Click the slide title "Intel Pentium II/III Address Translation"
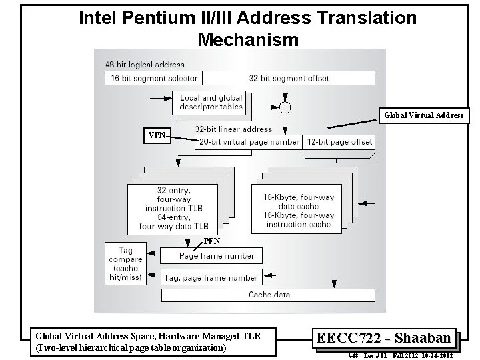pyautogui.click(x=247, y=18)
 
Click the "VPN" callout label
pyautogui.click(x=157, y=135)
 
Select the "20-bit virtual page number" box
pyautogui.click(x=248, y=142)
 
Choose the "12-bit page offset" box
pyautogui.click(x=339, y=142)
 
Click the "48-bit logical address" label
pyautogui.click(x=145, y=65)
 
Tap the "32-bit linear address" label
pyautogui.click(x=233, y=129)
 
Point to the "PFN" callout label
pyautogui.click(x=212, y=240)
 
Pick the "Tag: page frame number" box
pyautogui.click(x=211, y=277)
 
